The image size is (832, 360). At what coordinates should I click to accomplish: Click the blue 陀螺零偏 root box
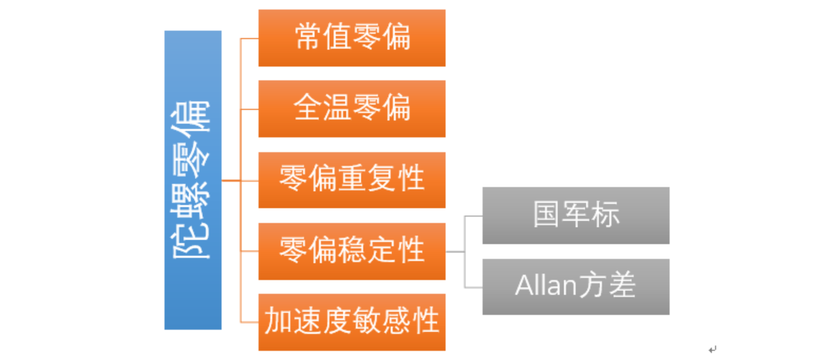coord(192,180)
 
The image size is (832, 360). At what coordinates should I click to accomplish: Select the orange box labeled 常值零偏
coord(352,38)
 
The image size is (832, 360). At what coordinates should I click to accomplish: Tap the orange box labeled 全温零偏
coord(352,108)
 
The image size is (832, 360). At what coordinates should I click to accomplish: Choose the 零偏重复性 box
coord(352,180)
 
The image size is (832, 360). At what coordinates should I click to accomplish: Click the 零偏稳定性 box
coord(352,251)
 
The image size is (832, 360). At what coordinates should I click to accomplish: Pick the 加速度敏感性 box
coord(352,322)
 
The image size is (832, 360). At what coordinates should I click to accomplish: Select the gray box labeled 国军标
coord(576,215)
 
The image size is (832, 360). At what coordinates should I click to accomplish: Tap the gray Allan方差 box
coord(576,286)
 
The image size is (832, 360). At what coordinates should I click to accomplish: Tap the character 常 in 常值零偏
coord(308,38)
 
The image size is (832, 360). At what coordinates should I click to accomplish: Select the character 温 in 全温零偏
coord(337,108)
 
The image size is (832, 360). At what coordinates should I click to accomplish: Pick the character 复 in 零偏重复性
coord(381,180)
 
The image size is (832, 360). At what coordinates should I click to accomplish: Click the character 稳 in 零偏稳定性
coord(352,251)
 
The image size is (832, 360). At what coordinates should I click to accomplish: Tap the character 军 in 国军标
coord(576,215)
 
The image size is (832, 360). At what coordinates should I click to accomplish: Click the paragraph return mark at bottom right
coord(712,349)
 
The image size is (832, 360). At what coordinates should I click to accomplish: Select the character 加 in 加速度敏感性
coord(278,322)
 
